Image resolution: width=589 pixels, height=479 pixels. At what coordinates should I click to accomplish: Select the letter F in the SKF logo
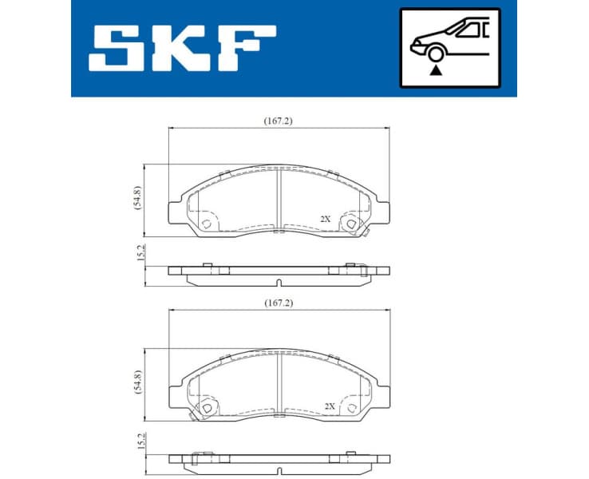[x=247, y=46]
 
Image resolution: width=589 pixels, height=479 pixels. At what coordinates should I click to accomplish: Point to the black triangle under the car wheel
[x=434, y=70]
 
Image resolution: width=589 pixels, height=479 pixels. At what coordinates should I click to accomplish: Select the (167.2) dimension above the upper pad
[x=279, y=121]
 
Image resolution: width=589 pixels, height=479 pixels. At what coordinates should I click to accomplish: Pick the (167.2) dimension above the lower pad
[x=279, y=303]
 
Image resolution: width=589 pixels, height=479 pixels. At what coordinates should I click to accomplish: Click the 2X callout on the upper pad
[x=325, y=218]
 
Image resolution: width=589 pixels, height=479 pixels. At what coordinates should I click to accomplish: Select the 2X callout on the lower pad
[x=329, y=406]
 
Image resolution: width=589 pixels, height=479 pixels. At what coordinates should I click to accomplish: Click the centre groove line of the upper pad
[x=279, y=200]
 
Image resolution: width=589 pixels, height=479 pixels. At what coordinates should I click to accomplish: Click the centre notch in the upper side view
[x=279, y=282]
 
